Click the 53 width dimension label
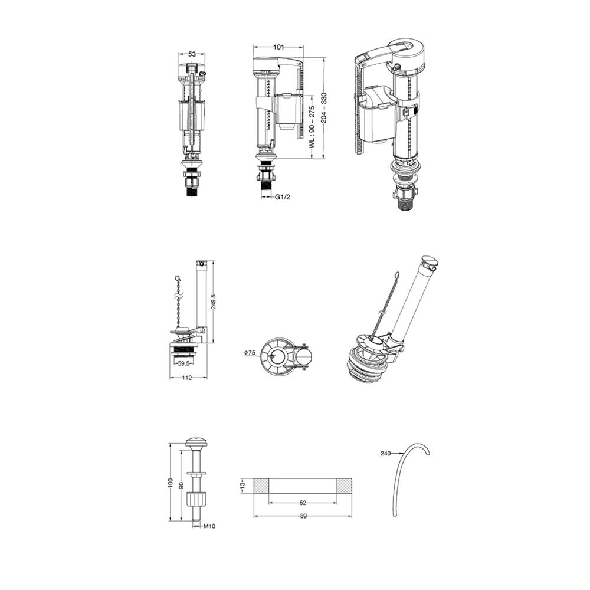(192, 54)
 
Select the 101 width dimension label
(278, 47)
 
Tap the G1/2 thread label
(283, 197)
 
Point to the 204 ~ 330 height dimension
(324, 108)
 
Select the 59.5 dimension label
(184, 363)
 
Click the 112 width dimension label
(187, 378)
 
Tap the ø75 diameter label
(250, 353)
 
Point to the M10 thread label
(209, 526)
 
